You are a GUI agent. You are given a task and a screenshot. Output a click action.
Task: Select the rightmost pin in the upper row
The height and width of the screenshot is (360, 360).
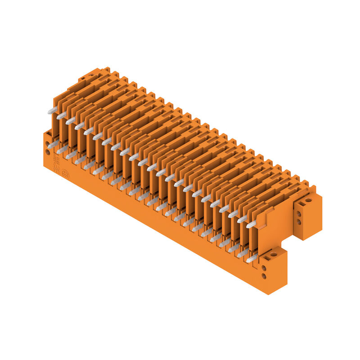(251, 224)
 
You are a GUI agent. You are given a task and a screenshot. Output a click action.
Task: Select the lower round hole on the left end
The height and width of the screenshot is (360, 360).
(47, 152)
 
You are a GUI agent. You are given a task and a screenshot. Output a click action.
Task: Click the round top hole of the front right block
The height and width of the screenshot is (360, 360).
(274, 255)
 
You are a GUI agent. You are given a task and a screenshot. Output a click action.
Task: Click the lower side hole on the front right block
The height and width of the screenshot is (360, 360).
(264, 276)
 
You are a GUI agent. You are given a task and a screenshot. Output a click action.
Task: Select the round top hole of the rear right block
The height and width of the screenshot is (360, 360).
(308, 201)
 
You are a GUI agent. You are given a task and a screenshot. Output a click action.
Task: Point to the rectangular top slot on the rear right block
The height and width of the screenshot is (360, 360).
(301, 204)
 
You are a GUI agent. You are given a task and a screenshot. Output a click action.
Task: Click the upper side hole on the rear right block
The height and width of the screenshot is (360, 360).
(299, 214)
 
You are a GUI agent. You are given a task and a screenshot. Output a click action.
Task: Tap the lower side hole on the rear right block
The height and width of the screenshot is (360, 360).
(299, 222)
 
